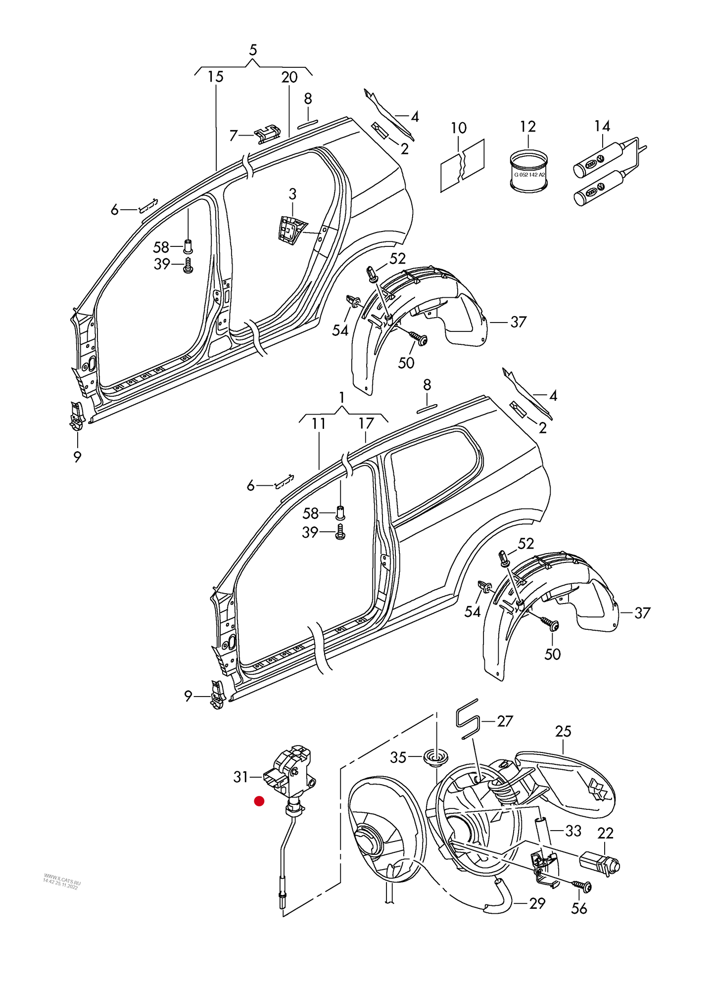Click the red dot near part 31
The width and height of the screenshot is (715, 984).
point(259,801)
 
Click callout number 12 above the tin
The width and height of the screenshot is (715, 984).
point(527,127)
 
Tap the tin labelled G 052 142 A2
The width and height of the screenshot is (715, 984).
point(529,173)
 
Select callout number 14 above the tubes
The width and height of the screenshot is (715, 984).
point(602,126)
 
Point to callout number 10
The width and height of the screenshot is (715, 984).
point(458,128)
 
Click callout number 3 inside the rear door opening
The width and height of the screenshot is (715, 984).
point(292,194)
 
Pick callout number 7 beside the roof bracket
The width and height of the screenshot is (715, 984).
point(234,135)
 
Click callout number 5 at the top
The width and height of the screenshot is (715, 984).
point(253,50)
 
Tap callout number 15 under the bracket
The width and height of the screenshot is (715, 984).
point(215,77)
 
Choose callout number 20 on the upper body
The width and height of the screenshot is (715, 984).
point(289,77)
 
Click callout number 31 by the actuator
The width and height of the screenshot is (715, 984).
point(240,777)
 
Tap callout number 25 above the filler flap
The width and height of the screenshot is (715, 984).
point(563,731)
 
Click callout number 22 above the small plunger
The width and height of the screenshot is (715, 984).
point(605,833)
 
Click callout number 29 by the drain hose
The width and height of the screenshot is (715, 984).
point(537,903)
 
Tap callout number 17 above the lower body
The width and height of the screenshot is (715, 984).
point(366,423)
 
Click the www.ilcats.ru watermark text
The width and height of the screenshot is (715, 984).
point(62,881)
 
